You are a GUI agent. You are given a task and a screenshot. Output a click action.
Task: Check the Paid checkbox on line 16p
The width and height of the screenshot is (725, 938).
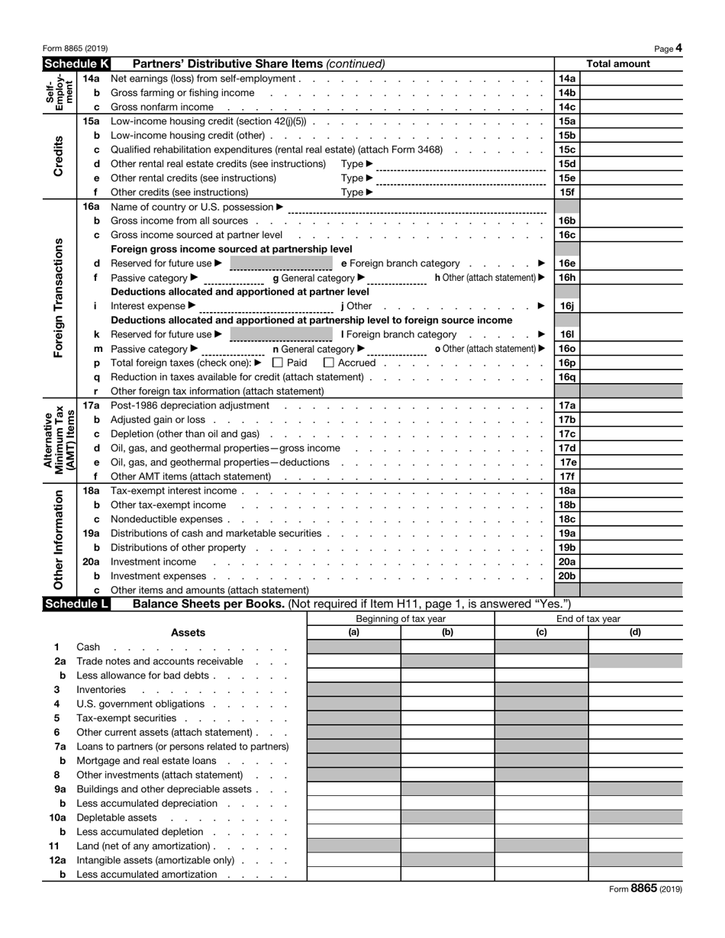pos(278,363)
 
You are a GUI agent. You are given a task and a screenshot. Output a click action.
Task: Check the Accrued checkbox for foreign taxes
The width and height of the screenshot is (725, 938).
pos(330,363)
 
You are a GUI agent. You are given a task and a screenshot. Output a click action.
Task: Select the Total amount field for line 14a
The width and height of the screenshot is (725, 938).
pos(631,79)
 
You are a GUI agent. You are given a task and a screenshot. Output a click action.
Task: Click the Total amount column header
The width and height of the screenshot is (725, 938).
pos(618,64)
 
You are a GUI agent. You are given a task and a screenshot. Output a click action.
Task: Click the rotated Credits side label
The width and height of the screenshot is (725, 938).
pos(59,156)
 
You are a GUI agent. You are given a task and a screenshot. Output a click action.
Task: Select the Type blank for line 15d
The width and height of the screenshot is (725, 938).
pos(461,165)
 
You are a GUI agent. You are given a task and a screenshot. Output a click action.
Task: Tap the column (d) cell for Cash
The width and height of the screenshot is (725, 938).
pos(635,647)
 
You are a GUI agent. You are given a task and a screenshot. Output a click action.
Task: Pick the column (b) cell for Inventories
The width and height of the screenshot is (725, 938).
pos(447,690)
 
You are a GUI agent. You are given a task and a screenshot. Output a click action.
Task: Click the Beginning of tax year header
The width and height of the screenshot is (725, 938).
pos(401,619)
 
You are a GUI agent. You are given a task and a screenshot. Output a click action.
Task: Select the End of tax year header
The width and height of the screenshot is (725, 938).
pos(588,619)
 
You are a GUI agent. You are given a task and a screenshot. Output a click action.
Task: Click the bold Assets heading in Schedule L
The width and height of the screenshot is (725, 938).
pos(188,633)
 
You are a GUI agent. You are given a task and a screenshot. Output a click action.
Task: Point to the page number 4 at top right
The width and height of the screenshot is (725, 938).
pos(678,48)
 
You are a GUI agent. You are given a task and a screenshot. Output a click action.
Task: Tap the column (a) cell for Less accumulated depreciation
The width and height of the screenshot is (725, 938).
pos(353,804)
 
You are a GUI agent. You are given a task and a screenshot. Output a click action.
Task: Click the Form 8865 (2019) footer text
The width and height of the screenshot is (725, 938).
pos(646,888)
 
